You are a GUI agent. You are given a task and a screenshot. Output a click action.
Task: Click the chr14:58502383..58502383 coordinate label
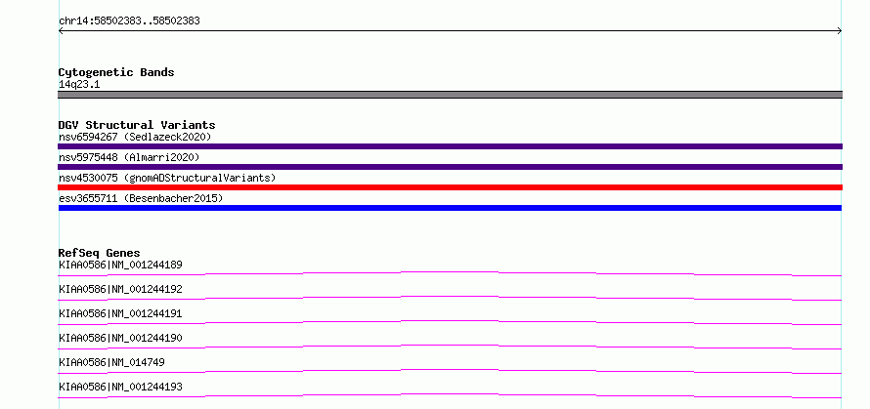click(129, 21)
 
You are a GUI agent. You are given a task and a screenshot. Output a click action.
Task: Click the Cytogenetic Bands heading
click(116, 72)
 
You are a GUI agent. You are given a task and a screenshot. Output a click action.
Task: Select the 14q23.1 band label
click(79, 85)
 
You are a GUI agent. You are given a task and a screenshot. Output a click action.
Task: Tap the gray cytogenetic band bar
click(450, 95)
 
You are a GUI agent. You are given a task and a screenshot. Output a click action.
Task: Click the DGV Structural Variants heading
click(137, 125)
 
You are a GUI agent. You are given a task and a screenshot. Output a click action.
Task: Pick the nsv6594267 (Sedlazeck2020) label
click(135, 137)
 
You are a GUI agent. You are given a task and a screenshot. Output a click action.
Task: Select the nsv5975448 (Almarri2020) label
click(129, 157)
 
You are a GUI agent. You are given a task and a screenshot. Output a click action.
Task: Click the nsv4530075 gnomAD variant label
click(167, 178)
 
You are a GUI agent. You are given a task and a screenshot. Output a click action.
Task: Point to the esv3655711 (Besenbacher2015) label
click(141, 198)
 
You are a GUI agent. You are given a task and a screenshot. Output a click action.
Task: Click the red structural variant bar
click(450, 187)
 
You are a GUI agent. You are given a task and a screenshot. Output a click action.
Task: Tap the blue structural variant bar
click(450, 208)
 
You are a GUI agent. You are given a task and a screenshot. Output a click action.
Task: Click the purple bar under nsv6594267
click(450, 146)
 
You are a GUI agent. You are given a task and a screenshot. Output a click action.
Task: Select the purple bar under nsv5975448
click(450, 167)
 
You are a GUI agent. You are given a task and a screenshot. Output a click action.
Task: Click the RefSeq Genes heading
click(100, 253)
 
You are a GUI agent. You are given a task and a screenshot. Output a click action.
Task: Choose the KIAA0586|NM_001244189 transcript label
click(120, 266)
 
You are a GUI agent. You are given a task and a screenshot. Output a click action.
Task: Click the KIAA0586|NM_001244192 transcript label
click(120, 290)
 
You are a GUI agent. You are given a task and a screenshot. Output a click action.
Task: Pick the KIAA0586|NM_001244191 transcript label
click(120, 314)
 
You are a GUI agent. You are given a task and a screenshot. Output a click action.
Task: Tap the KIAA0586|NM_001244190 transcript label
click(120, 339)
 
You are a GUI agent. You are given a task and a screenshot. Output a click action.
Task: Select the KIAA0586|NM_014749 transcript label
click(111, 363)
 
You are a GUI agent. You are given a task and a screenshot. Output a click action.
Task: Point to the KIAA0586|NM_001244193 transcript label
click(120, 388)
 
